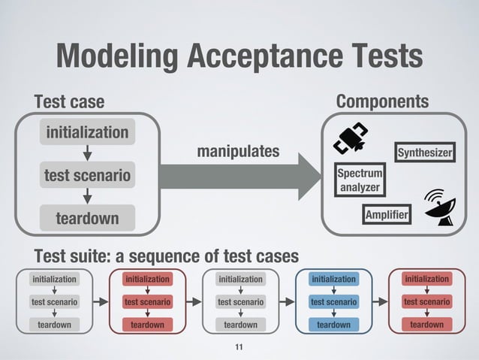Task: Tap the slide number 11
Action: pos(239,346)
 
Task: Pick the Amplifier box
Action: pos(387,216)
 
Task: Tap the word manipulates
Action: pos(237,153)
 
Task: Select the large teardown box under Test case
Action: pos(87,219)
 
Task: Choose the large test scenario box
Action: pos(87,176)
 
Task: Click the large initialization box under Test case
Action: pos(87,133)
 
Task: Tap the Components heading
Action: pos(382,101)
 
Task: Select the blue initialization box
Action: pos(333,279)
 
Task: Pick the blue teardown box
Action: pos(333,325)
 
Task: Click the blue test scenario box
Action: pos(333,302)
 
